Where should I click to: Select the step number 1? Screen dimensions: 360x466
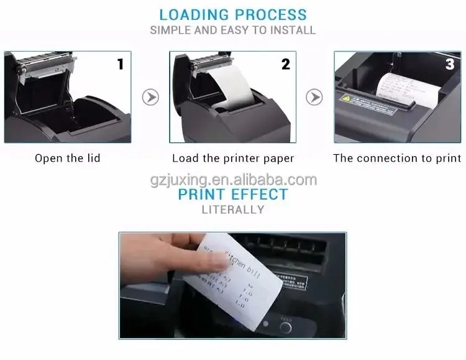(x=121, y=64)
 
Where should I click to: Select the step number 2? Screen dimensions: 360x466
(x=286, y=64)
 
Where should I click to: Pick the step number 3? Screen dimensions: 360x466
(x=450, y=64)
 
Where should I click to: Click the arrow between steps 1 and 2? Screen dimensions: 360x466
(x=150, y=97)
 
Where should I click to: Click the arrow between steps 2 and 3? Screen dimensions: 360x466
(x=315, y=97)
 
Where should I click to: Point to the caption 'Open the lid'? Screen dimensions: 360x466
(x=67, y=158)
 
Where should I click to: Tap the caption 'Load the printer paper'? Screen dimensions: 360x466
(x=233, y=158)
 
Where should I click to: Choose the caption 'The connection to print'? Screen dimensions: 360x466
(x=397, y=158)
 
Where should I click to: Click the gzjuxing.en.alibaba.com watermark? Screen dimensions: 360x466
(x=233, y=180)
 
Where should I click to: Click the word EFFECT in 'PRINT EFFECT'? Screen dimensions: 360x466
(x=260, y=195)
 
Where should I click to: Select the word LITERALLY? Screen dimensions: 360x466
(x=233, y=210)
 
